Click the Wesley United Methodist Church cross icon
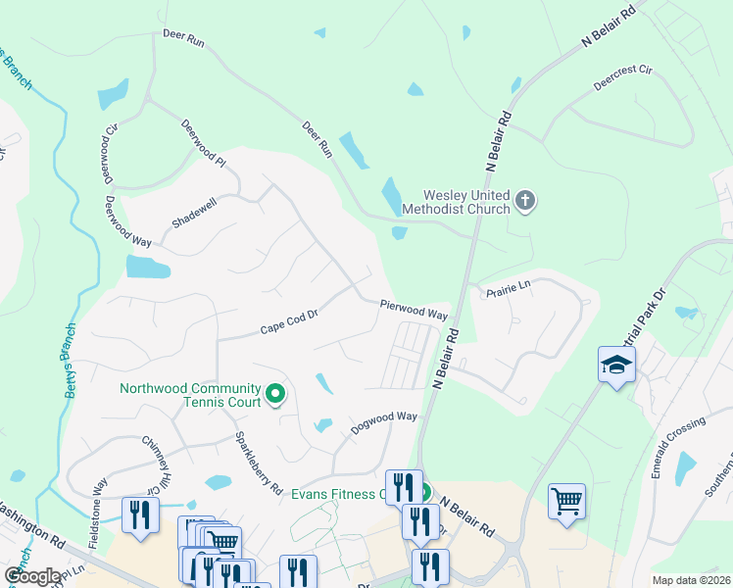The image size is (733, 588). tap(526, 202)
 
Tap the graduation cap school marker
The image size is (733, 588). tap(616, 365)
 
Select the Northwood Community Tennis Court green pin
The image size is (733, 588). tap(275, 395)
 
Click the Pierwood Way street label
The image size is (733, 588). tap(414, 311)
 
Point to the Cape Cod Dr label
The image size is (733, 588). tap(290, 323)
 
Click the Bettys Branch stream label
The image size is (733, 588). tap(69, 372)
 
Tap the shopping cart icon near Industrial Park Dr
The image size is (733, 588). tap(566, 502)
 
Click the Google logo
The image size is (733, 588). tap(32, 575)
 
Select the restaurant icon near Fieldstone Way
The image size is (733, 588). tap(140, 514)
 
